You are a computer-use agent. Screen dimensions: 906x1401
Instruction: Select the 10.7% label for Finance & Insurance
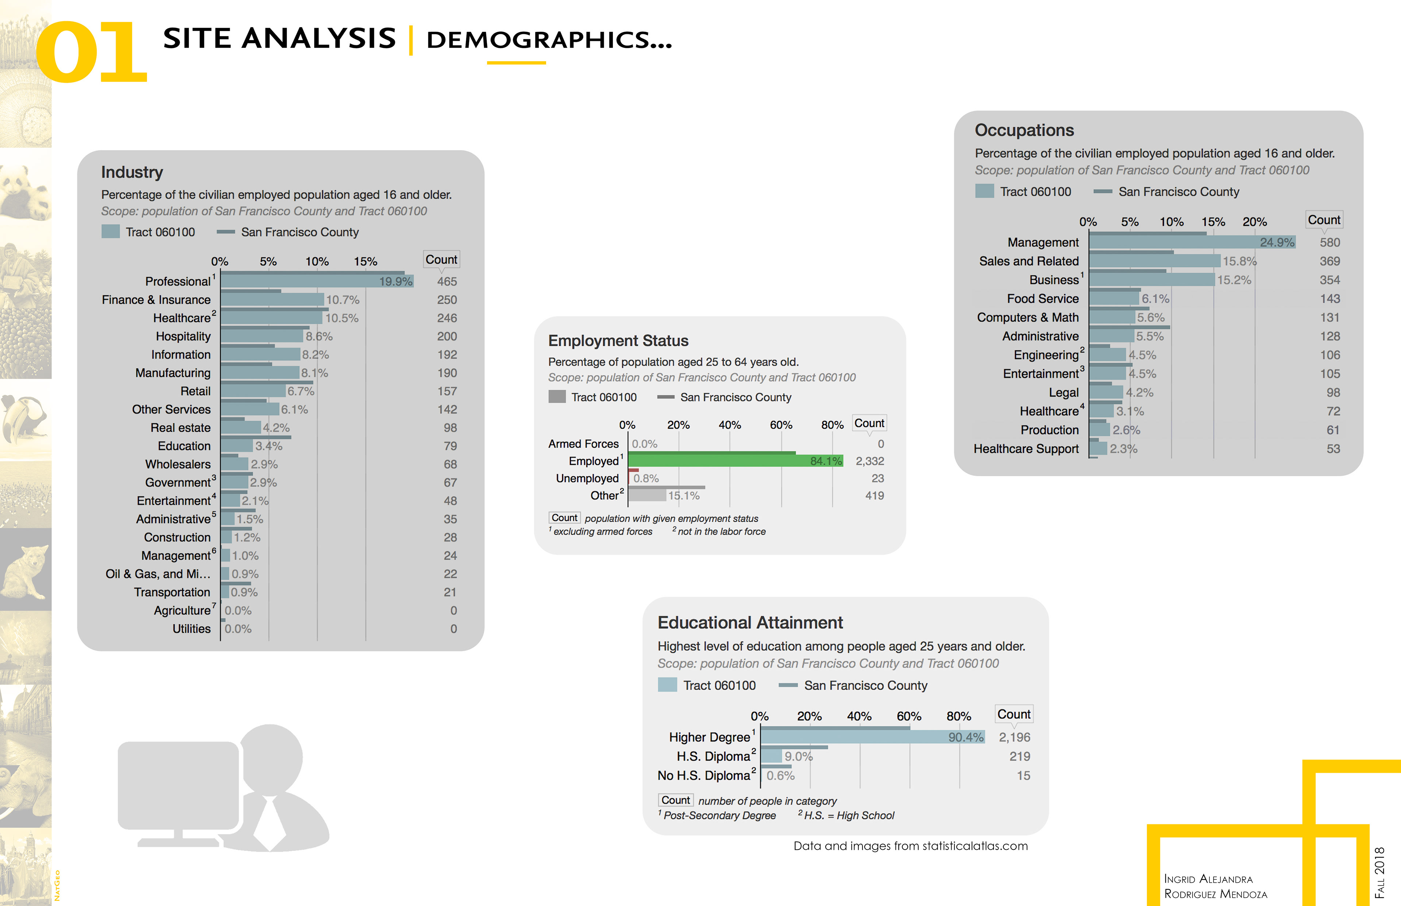(x=343, y=300)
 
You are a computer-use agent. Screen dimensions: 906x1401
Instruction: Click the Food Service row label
(x=1042, y=299)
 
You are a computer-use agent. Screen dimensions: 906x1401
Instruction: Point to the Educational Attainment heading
(x=750, y=622)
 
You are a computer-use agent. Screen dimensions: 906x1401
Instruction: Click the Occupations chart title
(x=1024, y=130)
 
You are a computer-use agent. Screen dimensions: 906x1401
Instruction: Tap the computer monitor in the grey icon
(x=178, y=785)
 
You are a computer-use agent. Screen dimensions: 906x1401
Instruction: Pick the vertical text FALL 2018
(x=1379, y=872)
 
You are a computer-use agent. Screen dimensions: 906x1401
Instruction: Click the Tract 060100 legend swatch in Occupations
(x=984, y=191)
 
